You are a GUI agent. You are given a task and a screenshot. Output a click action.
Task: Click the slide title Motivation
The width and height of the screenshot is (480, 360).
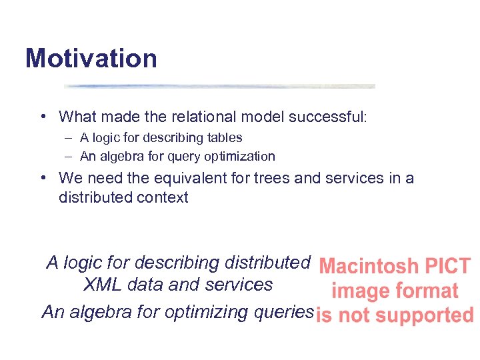click(91, 59)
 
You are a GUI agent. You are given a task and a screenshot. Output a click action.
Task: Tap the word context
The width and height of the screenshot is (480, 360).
click(163, 197)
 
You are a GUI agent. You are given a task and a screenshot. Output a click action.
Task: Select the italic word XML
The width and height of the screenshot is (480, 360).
click(103, 285)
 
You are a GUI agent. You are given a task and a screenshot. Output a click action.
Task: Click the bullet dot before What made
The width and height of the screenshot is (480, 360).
click(42, 117)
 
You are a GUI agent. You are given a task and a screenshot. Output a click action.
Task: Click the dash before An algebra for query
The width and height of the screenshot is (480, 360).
click(69, 157)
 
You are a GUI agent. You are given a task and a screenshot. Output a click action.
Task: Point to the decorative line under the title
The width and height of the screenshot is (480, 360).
click(219, 86)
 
